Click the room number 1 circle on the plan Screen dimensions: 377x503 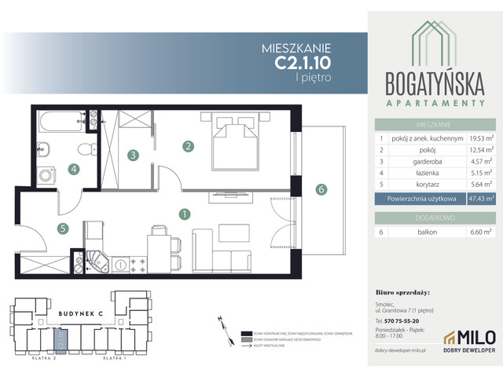(183, 213)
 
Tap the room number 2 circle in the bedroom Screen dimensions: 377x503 (189, 145)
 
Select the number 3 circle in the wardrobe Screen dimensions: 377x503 (134, 155)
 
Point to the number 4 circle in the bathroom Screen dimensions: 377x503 (73, 167)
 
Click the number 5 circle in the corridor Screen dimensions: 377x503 (63, 229)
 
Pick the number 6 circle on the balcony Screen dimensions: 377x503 (320, 188)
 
